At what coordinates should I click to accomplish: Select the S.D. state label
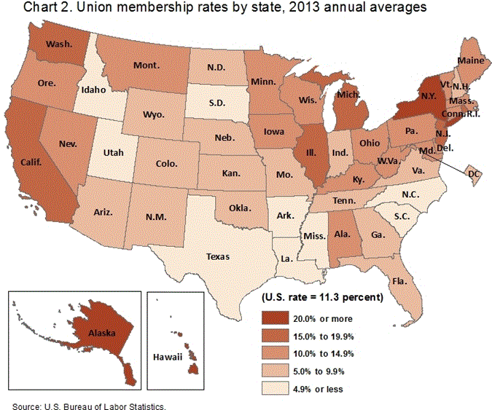(x=218, y=103)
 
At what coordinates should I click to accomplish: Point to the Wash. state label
(x=58, y=44)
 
